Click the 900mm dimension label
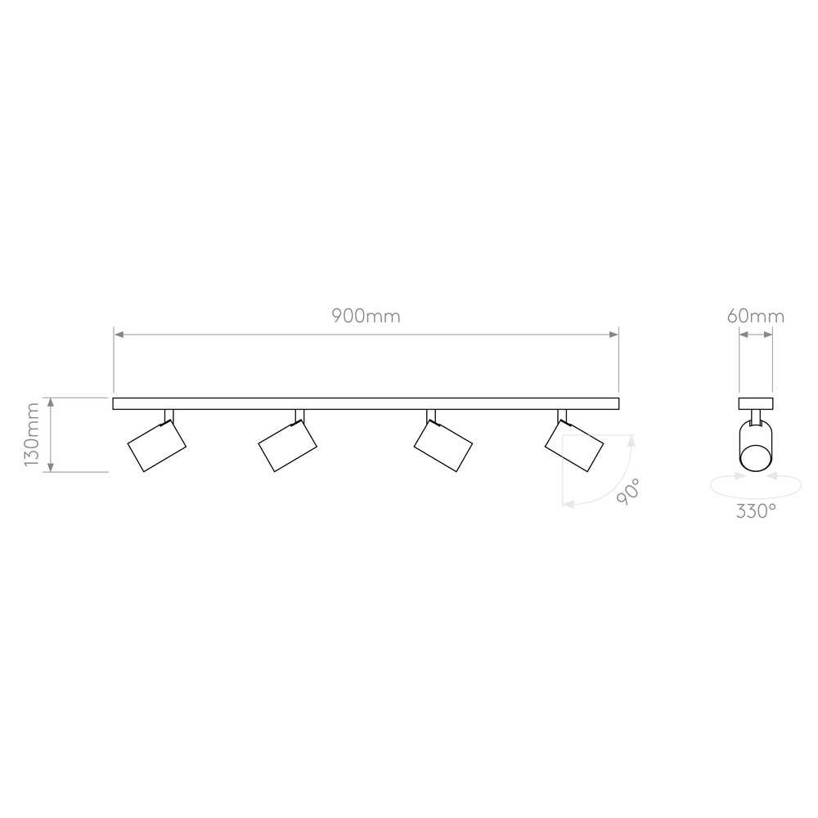(x=366, y=316)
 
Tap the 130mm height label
(x=33, y=434)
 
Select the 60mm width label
(x=755, y=316)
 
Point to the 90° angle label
(x=627, y=491)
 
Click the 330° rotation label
(x=755, y=510)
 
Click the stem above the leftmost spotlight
(x=169, y=416)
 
